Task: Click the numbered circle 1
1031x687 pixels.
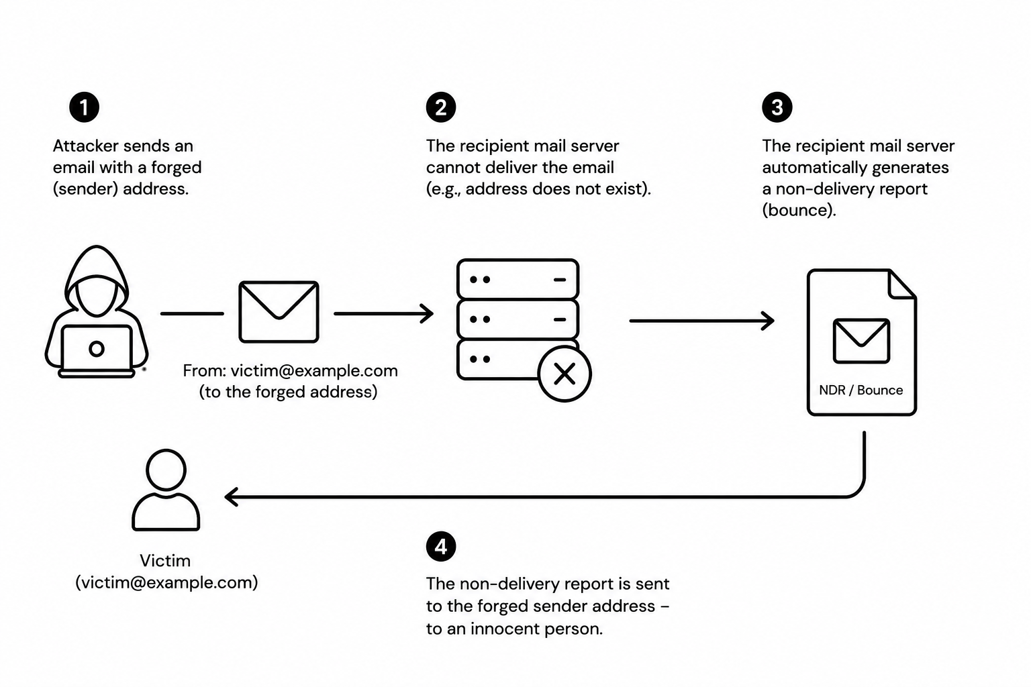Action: tap(84, 107)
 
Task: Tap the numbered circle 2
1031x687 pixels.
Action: tap(441, 107)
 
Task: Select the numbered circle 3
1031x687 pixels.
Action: tap(777, 107)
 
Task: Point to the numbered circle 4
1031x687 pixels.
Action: tap(441, 547)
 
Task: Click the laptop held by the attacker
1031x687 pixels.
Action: tap(97, 351)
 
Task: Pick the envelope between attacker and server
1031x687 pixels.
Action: tap(279, 312)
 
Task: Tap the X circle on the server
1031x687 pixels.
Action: tap(564, 374)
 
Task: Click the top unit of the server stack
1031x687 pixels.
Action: tap(518, 279)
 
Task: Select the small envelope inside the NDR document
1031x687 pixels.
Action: tap(861, 341)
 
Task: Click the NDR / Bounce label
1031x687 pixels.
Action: tap(861, 390)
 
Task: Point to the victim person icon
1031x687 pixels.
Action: tap(166, 490)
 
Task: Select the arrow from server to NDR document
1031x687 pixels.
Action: tap(702, 321)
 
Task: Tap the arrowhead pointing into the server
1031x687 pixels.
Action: tap(427, 314)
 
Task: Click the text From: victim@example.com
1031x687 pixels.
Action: tap(290, 371)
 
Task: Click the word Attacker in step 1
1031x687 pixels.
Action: tap(86, 146)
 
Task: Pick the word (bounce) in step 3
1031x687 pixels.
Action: tap(799, 210)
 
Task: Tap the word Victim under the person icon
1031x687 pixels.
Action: tap(165, 560)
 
